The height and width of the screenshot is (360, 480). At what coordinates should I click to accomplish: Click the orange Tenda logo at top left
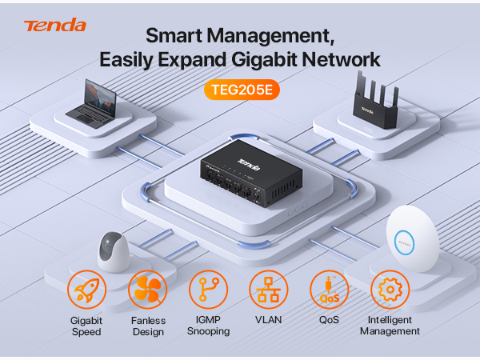(x=55, y=25)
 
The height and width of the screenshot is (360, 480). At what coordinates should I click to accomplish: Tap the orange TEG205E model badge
(x=242, y=90)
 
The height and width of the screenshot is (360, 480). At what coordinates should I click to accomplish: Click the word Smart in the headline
(x=174, y=35)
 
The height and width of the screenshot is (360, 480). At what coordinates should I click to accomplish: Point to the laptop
(x=93, y=104)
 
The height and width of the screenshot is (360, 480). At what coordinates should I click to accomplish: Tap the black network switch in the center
(x=251, y=173)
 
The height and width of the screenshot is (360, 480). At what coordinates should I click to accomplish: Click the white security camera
(x=113, y=252)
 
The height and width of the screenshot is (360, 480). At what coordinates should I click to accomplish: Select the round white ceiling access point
(x=412, y=238)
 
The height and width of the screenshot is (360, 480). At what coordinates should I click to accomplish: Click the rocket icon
(x=87, y=290)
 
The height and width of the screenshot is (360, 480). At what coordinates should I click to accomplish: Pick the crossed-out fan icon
(x=147, y=290)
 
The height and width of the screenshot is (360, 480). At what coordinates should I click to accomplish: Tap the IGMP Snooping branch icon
(x=208, y=290)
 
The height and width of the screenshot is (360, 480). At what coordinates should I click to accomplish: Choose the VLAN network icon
(x=269, y=290)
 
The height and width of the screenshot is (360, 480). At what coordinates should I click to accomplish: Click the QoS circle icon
(x=329, y=290)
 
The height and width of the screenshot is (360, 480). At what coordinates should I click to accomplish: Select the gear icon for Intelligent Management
(x=390, y=290)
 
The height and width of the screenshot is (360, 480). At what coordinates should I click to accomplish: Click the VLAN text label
(x=269, y=320)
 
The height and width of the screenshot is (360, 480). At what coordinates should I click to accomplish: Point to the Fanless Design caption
(x=148, y=326)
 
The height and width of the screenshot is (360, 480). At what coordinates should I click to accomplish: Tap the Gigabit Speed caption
(x=86, y=326)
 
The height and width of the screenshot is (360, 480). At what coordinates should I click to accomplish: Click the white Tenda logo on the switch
(x=249, y=165)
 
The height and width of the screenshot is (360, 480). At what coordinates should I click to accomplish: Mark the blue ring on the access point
(x=394, y=242)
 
